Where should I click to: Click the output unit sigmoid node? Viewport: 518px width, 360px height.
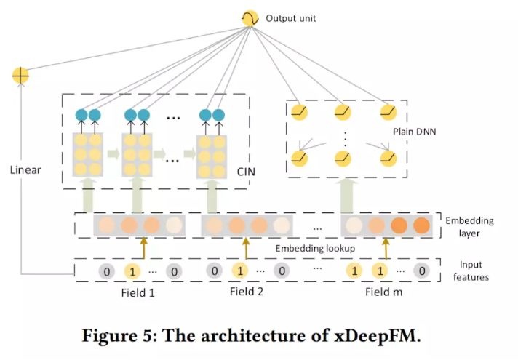tap(250, 18)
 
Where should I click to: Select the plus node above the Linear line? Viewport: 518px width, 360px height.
tap(20, 76)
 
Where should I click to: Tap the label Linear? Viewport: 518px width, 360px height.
tap(25, 170)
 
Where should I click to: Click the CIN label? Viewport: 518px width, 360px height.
tap(246, 172)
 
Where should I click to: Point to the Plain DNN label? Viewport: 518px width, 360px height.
tap(414, 132)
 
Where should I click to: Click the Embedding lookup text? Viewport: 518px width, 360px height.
tap(315, 249)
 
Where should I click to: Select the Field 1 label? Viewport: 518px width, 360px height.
tap(138, 293)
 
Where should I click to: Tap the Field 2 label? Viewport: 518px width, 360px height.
tap(247, 292)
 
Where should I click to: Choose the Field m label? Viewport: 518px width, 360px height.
tap(384, 292)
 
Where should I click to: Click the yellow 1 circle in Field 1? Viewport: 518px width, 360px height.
tap(132, 271)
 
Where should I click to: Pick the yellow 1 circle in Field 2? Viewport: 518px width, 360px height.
tap(240, 271)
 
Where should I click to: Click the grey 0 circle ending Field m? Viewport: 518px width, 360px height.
tap(422, 271)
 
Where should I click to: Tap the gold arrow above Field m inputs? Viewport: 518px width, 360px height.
tap(386, 249)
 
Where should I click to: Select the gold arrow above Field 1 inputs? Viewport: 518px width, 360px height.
tap(144, 248)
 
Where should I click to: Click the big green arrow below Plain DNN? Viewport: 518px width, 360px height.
tap(348, 196)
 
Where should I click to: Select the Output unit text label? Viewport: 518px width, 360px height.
tap(291, 18)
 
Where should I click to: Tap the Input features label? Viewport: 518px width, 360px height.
tap(471, 271)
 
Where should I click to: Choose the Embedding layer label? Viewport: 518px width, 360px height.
tap(469, 227)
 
